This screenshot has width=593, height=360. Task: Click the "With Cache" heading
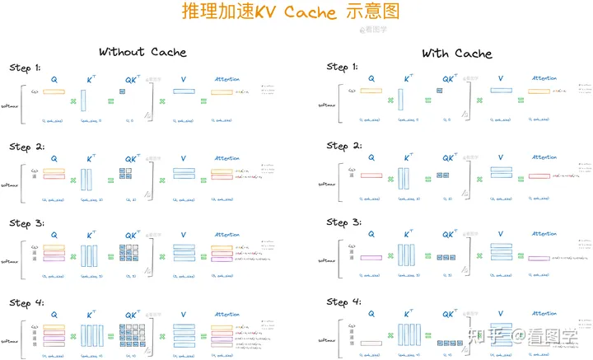click(457, 53)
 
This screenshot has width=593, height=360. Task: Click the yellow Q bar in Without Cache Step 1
click(54, 91)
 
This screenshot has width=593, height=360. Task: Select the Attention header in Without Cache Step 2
click(226, 157)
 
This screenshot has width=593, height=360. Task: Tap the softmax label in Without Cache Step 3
click(10, 261)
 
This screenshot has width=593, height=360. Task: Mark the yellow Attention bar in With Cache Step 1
click(539, 91)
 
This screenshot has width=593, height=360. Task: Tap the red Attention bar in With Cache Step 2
click(539, 175)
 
